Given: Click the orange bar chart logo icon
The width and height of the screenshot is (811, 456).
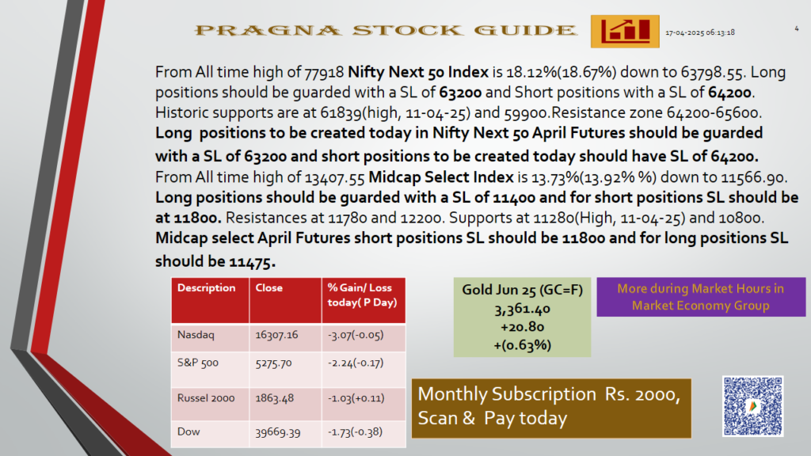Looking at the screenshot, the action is pos(625,32).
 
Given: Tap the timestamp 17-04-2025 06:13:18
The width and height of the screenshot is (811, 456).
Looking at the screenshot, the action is pos(700,32).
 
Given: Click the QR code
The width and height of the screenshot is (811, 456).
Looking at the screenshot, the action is pos(752,406).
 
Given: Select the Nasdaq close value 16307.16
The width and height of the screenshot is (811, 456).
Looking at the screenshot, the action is pos(276,335).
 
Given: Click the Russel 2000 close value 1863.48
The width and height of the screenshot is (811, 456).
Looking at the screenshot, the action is pos(275,399).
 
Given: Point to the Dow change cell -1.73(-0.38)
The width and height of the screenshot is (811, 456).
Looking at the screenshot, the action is pos(355,432).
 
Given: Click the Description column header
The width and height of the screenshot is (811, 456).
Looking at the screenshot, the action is pos(207,288).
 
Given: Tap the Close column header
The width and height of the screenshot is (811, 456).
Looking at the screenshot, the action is pos(269,288).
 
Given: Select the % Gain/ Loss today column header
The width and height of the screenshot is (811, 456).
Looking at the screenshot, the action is pos(362,294).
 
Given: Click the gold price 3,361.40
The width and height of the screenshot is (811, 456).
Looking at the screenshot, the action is pos(523,310).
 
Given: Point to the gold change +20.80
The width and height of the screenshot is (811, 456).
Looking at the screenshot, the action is pos(523,327).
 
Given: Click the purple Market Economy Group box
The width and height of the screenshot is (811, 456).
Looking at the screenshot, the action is pos(701,297).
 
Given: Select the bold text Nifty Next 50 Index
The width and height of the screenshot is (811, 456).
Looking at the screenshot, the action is pos(418,72).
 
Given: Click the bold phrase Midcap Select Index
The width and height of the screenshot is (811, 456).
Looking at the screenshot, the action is pos(440,177).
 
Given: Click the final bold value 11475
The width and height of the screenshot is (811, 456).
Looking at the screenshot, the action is pos(252,262).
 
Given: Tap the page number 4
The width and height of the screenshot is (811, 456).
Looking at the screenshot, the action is pos(797,29).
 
